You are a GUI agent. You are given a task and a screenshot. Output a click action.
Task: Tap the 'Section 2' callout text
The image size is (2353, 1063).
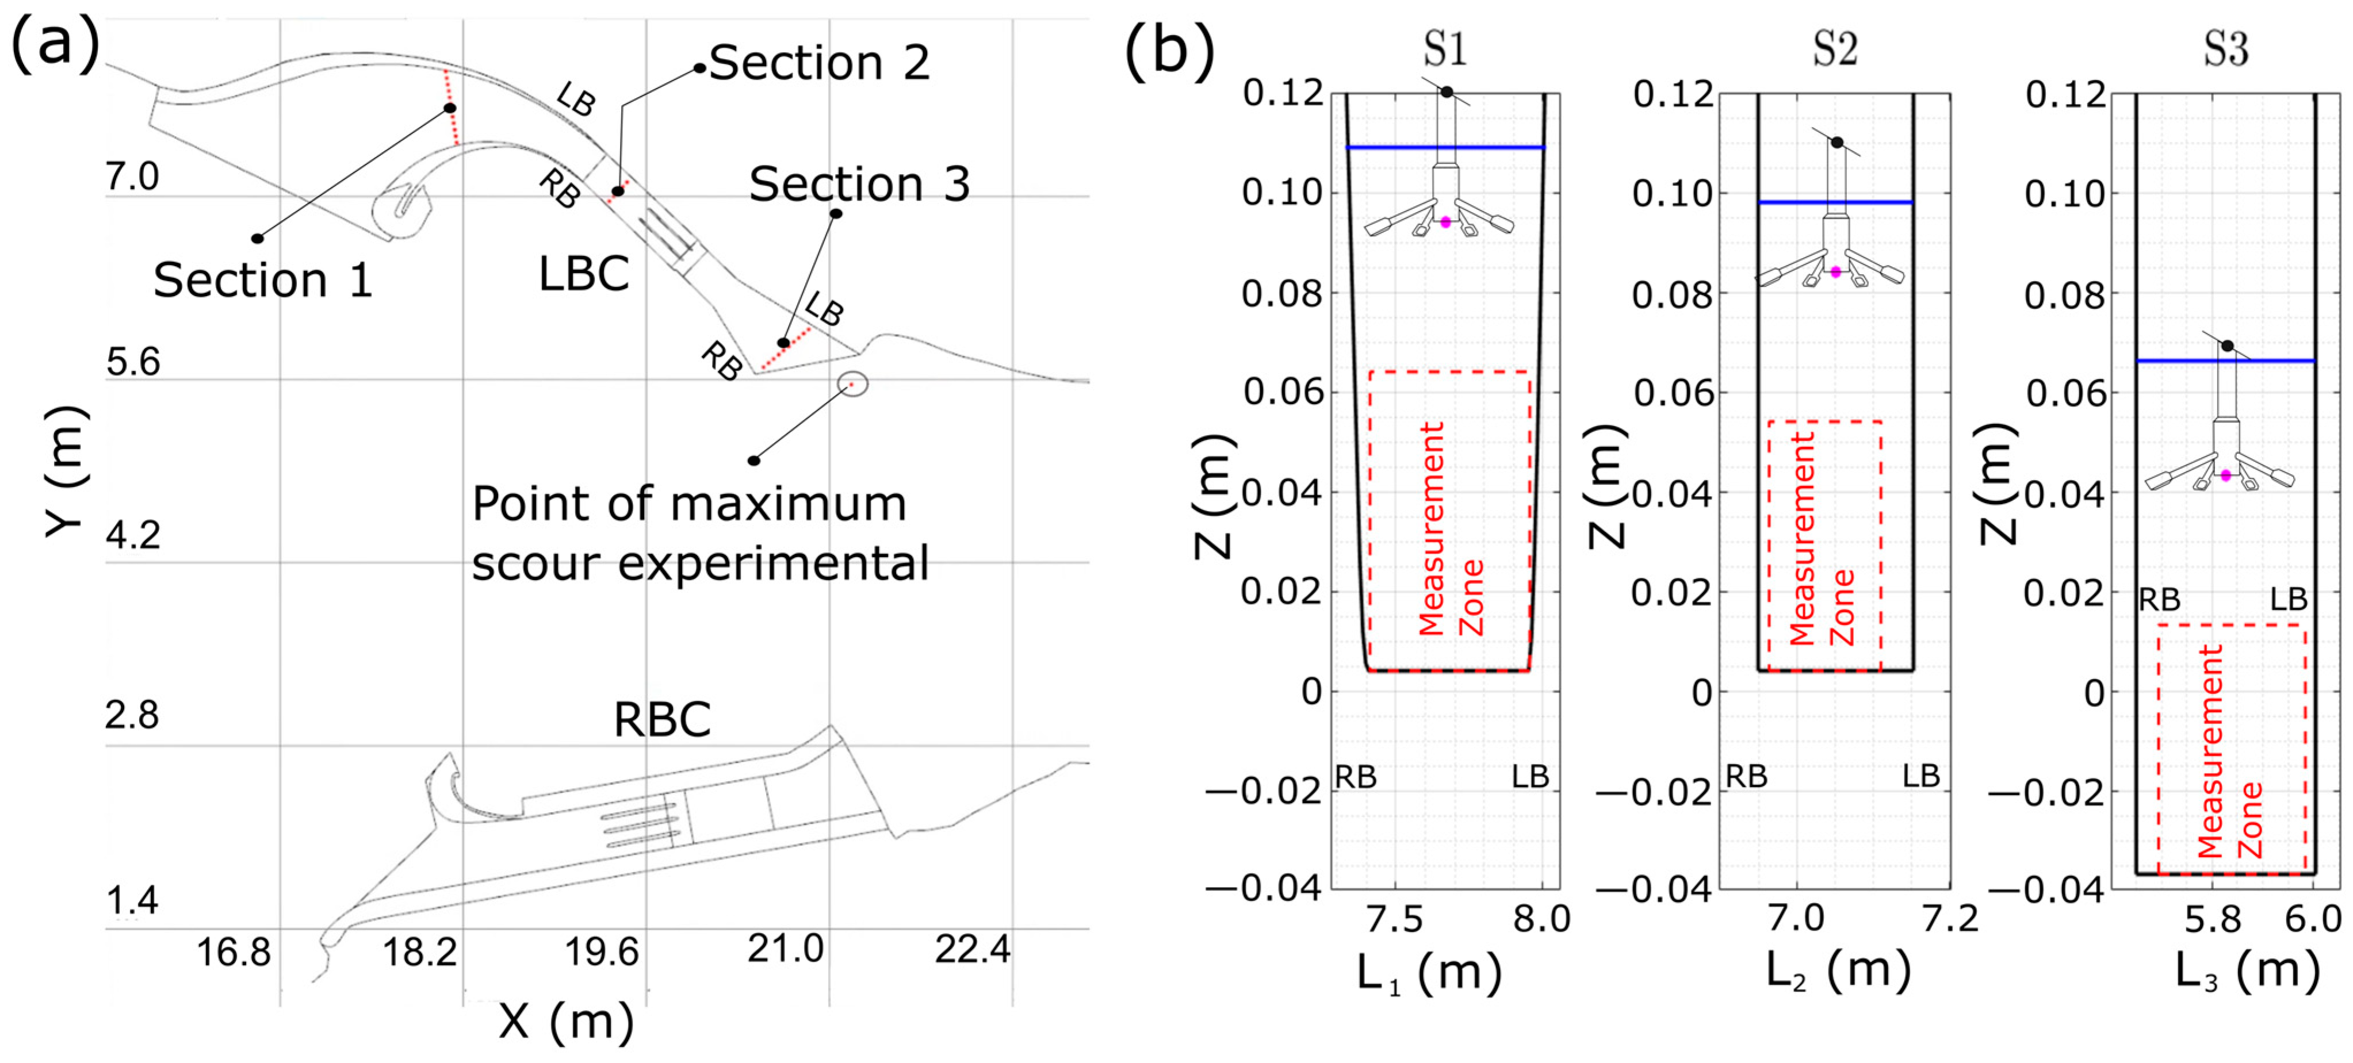[820, 63]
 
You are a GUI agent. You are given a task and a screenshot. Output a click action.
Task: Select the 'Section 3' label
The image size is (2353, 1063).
[859, 185]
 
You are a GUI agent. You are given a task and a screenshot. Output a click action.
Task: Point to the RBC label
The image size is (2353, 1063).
[662, 720]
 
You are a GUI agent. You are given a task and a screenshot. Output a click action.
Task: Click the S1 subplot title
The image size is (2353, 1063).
[1444, 48]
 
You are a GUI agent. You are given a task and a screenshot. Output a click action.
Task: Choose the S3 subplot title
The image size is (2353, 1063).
[2226, 48]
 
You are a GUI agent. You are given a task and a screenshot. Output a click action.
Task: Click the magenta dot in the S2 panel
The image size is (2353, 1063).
[1836, 272]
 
